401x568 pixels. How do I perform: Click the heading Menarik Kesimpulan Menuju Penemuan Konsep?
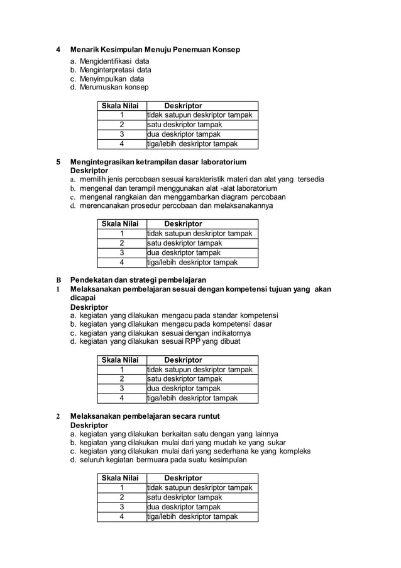pos(155,50)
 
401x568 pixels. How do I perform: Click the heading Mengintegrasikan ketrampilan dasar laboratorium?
pos(158,162)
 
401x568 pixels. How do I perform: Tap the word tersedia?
pos(310,179)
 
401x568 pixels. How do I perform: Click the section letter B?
pos(58,280)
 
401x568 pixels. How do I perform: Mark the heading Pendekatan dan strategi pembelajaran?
pos(138,280)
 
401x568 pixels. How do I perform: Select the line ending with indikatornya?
pos(160,332)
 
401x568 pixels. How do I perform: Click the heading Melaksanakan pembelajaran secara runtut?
pos(145,416)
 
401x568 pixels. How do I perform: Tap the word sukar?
pos(274,443)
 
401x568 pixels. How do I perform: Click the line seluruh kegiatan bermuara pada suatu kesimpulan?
pos(158,460)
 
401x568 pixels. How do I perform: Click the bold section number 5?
pos(58,162)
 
